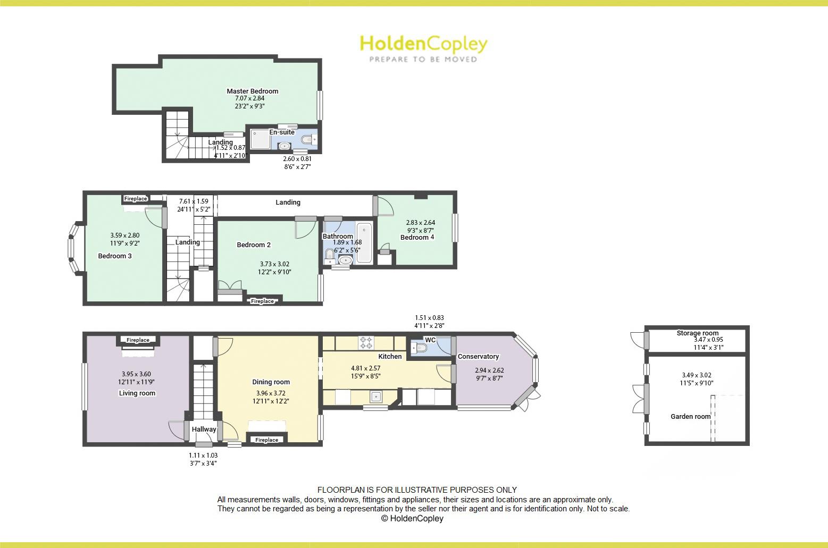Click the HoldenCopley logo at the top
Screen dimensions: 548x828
point(423,48)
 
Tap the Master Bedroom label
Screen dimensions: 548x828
point(253,91)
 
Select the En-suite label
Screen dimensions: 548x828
point(282,132)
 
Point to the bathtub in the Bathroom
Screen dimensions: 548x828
point(364,243)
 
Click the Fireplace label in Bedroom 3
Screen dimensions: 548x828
point(136,199)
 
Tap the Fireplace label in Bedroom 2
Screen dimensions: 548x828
point(263,301)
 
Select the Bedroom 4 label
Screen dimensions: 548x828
point(417,237)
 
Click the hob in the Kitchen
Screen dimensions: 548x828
point(366,342)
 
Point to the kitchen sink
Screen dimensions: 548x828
point(377,397)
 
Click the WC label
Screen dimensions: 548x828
point(430,340)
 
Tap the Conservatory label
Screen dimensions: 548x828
point(478,356)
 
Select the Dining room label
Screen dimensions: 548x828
point(271,382)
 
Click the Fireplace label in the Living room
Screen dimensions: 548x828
point(138,340)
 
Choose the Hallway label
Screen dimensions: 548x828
point(204,429)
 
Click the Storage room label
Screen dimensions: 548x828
point(697,333)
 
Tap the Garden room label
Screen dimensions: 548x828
point(690,416)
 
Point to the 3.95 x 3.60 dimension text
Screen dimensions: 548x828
point(136,374)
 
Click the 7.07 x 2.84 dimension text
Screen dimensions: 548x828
point(249,98)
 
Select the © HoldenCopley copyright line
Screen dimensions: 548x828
point(412,518)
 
